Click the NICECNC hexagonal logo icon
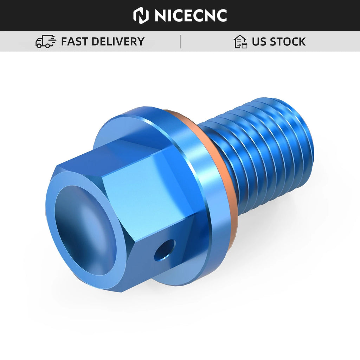point(141,15)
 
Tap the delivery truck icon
point(46,41)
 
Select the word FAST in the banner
point(75,41)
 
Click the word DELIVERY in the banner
point(118,41)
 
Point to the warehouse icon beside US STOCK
point(240,41)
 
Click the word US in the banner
point(259,41)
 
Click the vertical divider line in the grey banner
point(180,41)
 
